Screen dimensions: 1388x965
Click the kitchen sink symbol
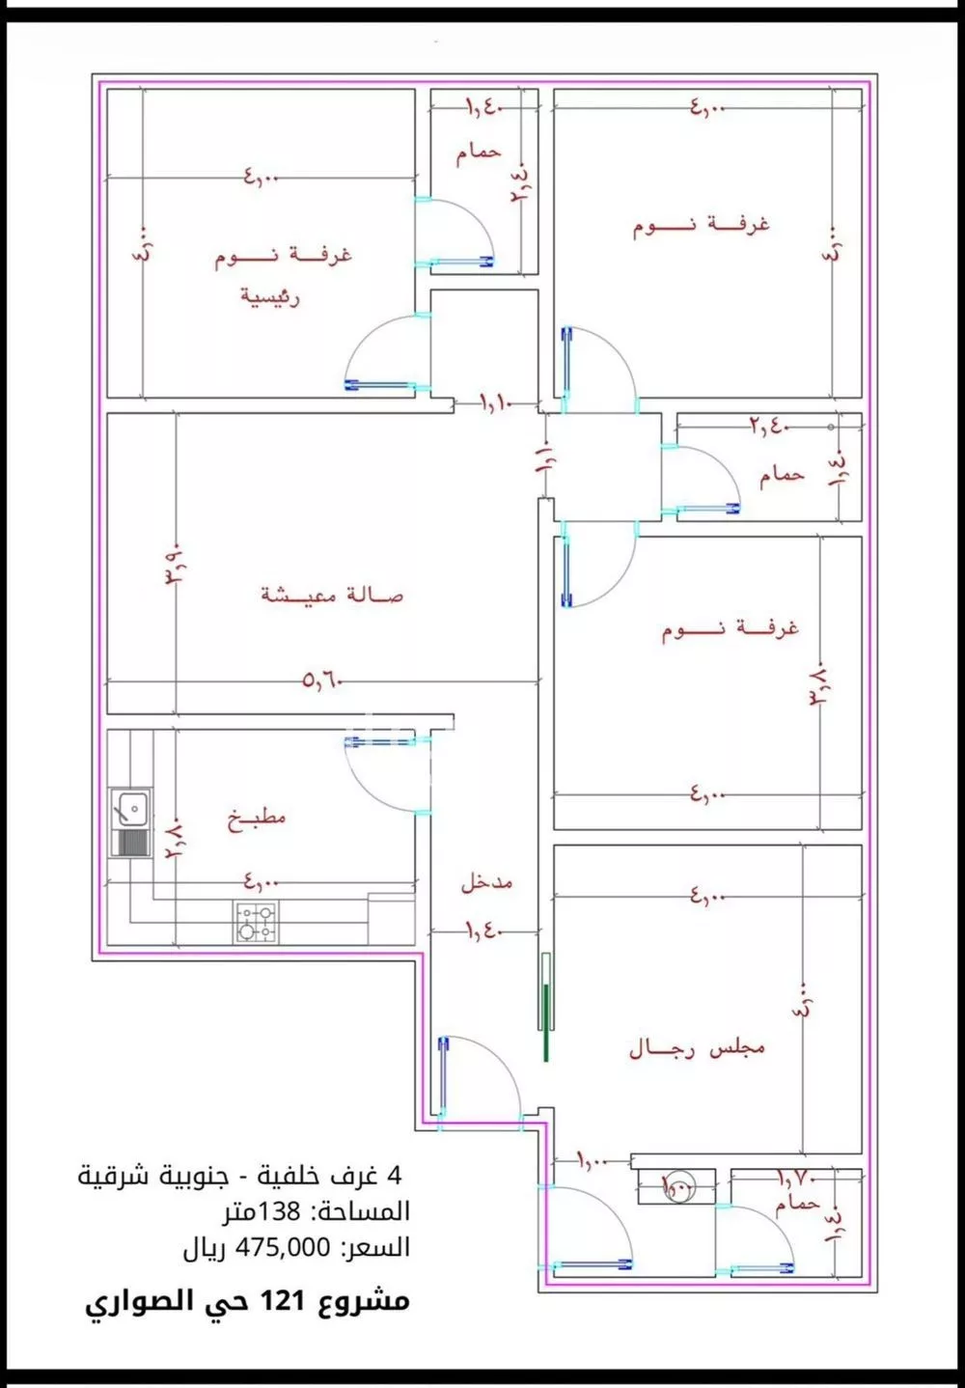129,807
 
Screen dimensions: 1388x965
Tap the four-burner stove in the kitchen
256,922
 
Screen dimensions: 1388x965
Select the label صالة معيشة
332,595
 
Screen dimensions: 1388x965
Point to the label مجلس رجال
697,1048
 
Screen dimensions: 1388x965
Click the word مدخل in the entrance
485,882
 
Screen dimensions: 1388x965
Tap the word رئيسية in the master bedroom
270,296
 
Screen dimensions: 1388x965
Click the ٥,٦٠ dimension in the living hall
322,681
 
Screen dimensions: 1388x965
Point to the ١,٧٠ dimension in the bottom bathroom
797,1178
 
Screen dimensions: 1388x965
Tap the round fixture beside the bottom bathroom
675,1185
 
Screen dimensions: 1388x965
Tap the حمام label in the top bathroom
479,153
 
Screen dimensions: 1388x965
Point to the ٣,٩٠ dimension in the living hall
177,574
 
